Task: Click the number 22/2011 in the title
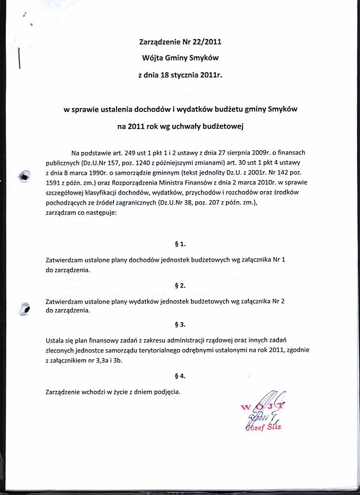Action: tap(205, 42)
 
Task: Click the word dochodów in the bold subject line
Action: tap(152, 109)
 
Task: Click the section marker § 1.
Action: tap(180, 244)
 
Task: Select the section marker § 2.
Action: tap(180, 286)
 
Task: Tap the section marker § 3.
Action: tap(180, 325)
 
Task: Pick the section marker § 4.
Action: tap(180, 376)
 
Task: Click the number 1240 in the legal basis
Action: tap(131, 163)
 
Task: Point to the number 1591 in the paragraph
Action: tap(53, 183)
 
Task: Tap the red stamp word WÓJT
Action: tap(263, 408)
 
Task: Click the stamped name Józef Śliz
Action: tap(266, 427)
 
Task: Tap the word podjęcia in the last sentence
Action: tap(167, 392)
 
